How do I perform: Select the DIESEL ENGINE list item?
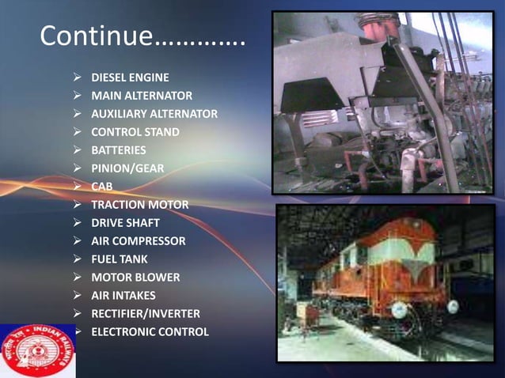pos(130,77)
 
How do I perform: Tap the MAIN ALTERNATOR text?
pos(142,96)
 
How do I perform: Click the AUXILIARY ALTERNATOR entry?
pos(154,114)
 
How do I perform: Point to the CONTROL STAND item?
pos(135,132)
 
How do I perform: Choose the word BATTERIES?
pos(119,150)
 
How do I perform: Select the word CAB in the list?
pos(102,187)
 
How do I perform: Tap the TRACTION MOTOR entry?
pos(140,205)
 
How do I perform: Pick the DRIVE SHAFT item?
pos(125,223)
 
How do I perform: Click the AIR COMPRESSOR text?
pos(139,241)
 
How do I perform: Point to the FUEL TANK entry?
pos(120,259)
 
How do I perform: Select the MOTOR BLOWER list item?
pos(135,278)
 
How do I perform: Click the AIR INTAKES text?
pos(123,296)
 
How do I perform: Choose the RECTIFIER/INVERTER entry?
pos(146,314)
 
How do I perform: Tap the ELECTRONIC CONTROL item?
pos(150,332)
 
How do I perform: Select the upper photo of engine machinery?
pos(382,102)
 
